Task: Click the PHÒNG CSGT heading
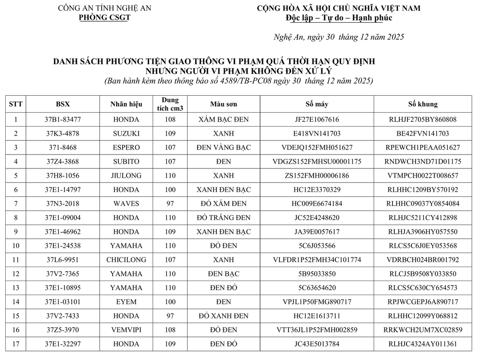104,17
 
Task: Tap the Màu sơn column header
224,104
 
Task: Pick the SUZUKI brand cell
126,133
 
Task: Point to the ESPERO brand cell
126,147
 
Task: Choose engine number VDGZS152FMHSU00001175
316,161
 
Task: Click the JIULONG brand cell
126,176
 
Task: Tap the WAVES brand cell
126,204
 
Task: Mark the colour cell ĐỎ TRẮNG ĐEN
224,218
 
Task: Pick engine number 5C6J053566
316,245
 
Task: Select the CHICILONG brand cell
126,260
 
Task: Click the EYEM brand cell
126,302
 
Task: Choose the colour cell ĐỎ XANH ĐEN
224,316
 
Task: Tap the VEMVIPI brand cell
126,330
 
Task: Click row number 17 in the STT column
16,344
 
